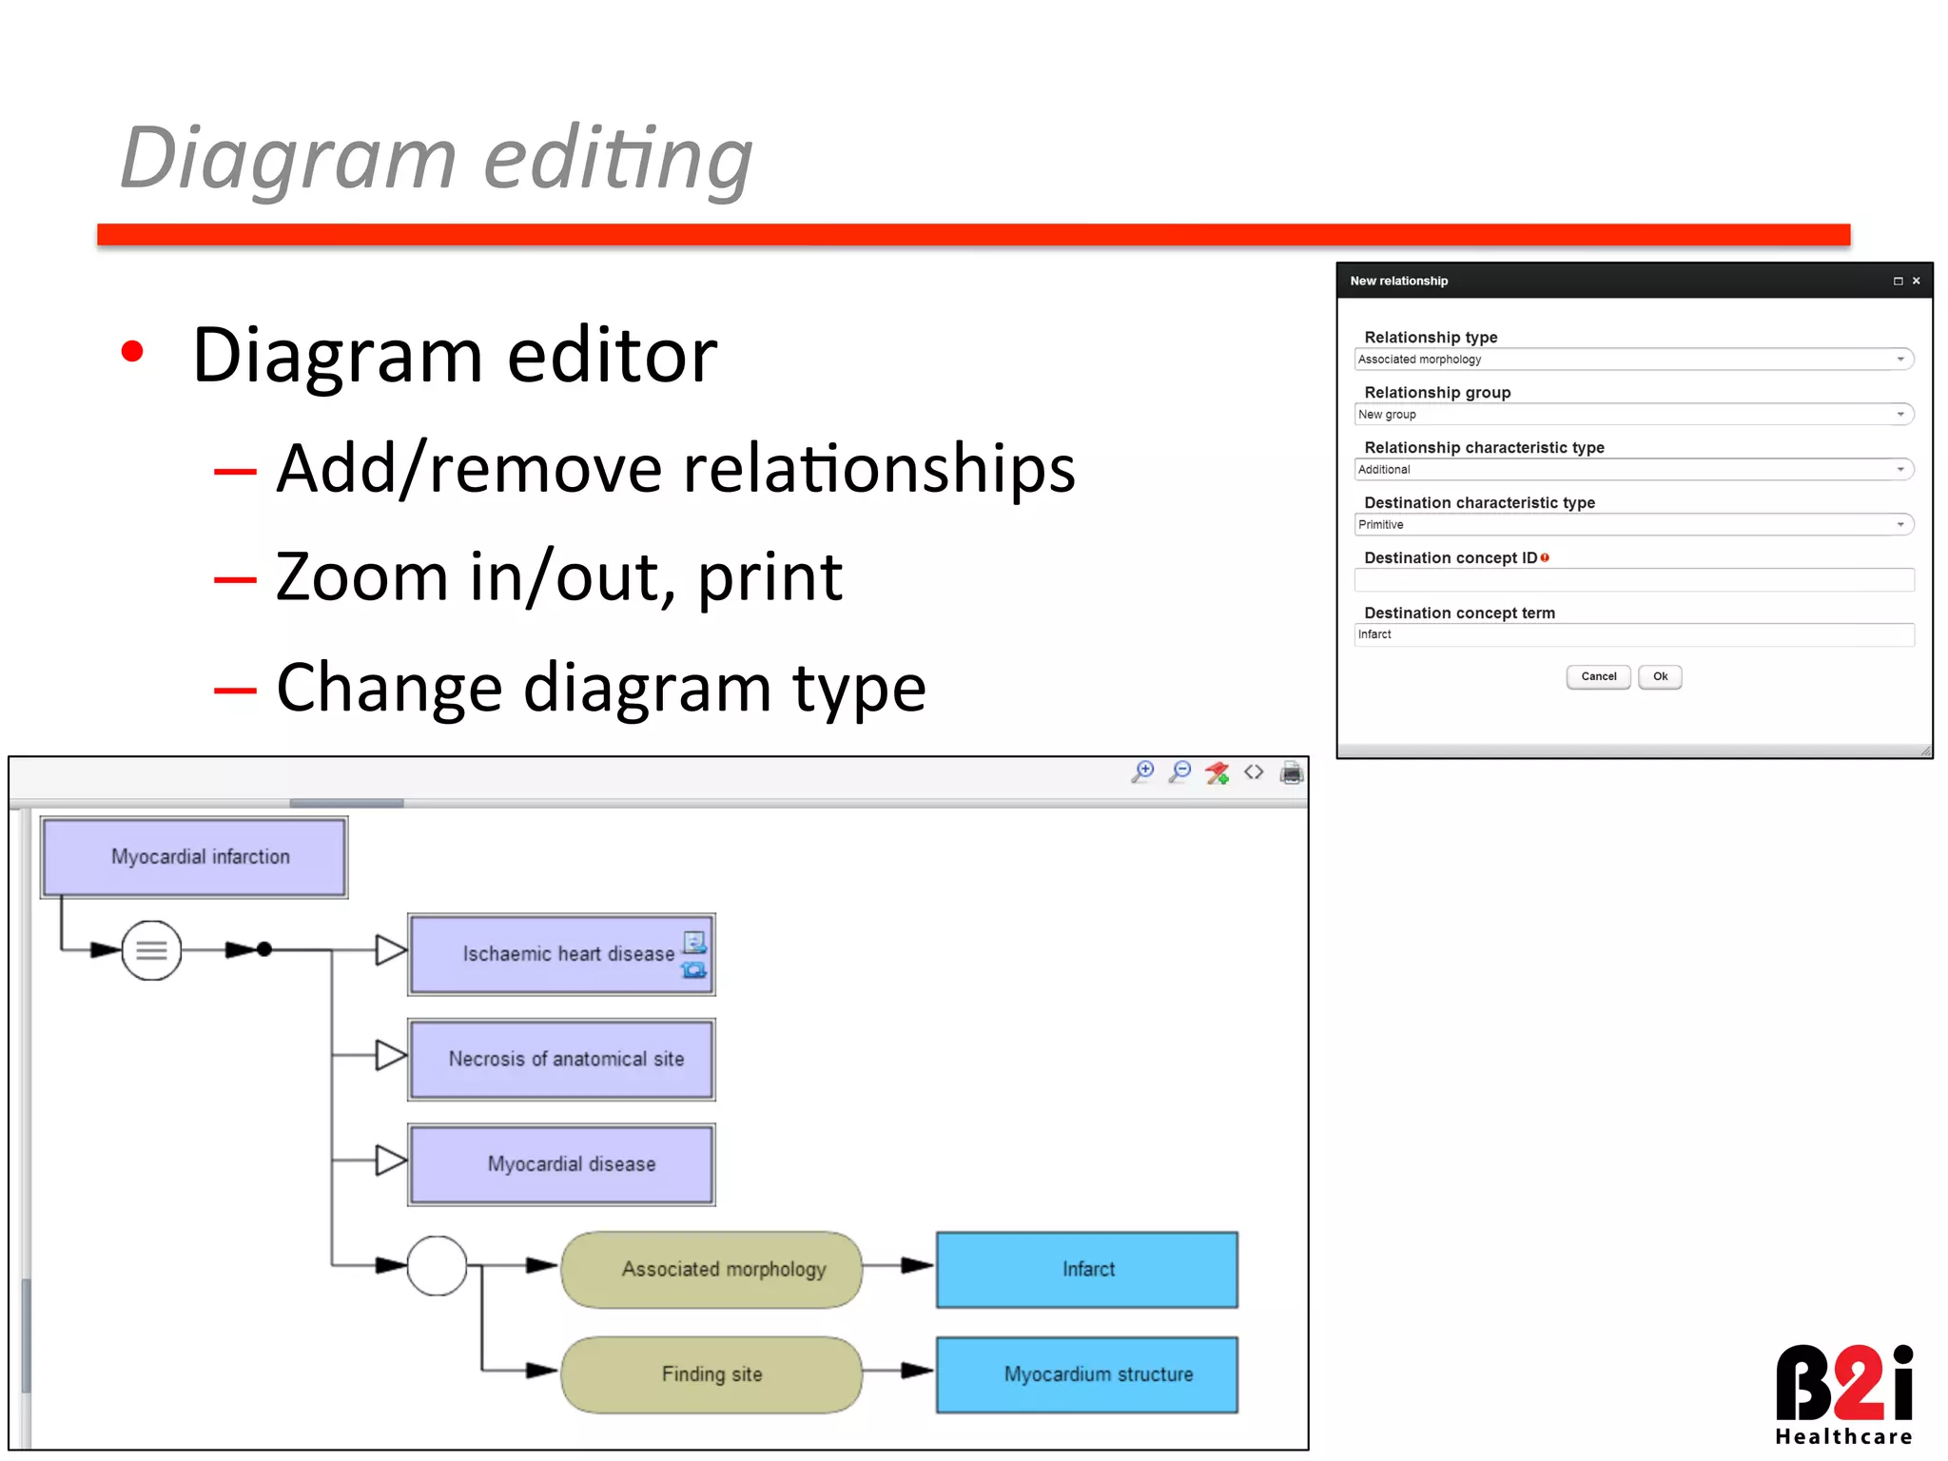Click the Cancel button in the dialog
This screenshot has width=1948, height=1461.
(1598, 677)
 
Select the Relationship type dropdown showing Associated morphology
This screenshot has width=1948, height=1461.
(1633, 360)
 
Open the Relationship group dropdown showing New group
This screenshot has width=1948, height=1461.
(1633, 415)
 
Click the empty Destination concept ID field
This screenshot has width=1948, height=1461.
(1633, 580)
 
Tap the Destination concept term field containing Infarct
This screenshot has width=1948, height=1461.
(1633, 635)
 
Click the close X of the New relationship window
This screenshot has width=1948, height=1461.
(1917, 282)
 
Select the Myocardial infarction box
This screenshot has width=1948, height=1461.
(194, 857)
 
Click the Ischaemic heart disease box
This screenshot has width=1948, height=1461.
(561, 954)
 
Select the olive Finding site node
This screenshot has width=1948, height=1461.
(711, 1374)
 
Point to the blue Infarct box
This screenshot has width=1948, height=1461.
(1087, 1270)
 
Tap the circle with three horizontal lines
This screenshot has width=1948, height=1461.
(151, 950)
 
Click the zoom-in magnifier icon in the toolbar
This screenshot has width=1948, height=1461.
(1142, 772)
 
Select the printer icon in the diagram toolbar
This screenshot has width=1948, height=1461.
(1291, 772)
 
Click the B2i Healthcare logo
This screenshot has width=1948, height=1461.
(1843, 1394)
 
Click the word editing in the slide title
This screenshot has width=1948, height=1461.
(618, 159)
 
